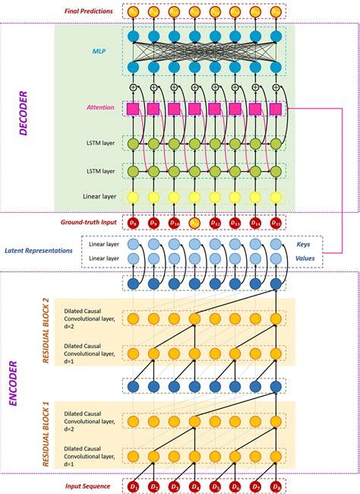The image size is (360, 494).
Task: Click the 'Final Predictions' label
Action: (88, 12)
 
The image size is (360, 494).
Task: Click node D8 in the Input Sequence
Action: (275, 484)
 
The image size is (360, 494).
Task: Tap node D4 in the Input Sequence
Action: (194, 484)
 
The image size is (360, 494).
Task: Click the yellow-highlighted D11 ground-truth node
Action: (194, 223)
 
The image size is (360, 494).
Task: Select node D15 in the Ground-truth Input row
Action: (275, 223)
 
